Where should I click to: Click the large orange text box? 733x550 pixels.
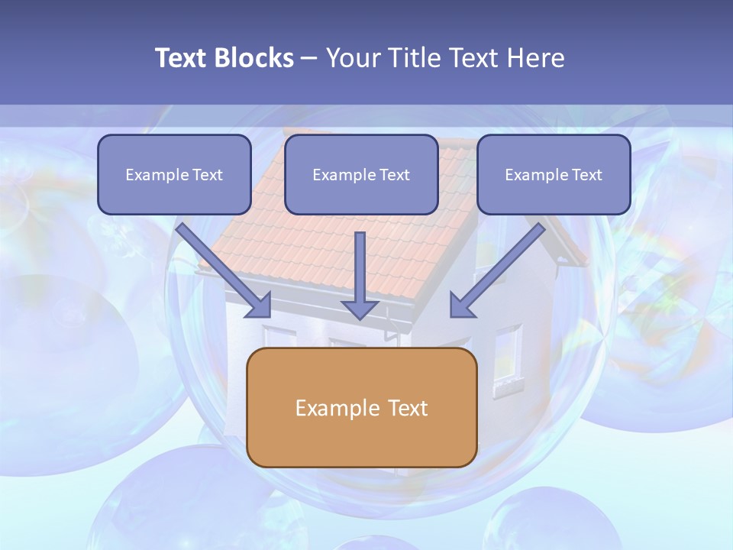[361, 439]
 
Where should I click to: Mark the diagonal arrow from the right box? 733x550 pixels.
[500, 267]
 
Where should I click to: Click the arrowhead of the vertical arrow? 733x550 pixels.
[360, 309]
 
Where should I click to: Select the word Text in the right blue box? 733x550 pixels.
[587, 175]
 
